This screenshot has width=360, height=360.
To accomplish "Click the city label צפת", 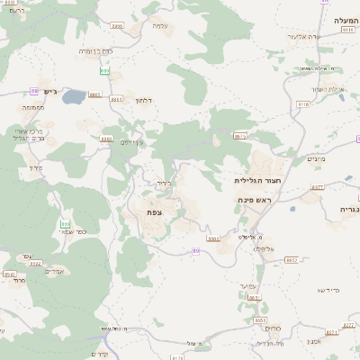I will coord(156,211).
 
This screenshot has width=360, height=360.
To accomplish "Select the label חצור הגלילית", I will coord(247,180).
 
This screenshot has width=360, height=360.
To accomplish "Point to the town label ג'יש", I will coord(49,91).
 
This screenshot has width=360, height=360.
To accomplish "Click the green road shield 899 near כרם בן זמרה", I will coord(104,68).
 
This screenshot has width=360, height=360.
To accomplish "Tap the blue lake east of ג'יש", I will coord(74,95).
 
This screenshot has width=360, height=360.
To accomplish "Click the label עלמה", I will coord(159,25).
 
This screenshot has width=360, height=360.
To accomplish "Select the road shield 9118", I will coord(303,104).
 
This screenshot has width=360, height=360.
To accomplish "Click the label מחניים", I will coord(316,159).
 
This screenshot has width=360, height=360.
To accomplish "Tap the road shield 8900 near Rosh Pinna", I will coord(213,238).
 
